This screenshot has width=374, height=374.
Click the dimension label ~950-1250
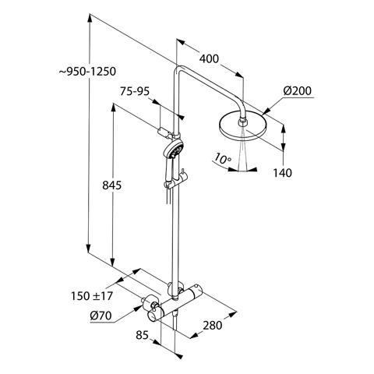pyautogui.click(x=87, y=72)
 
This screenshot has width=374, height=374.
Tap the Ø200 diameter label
pyautogui.click(x=298, y=91)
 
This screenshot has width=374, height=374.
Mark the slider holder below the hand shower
pyautogui.click(x=167, y=185)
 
